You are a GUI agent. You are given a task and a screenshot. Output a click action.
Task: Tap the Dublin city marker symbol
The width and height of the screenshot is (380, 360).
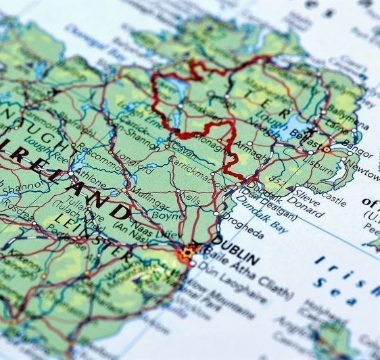(x=187, y=253)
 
